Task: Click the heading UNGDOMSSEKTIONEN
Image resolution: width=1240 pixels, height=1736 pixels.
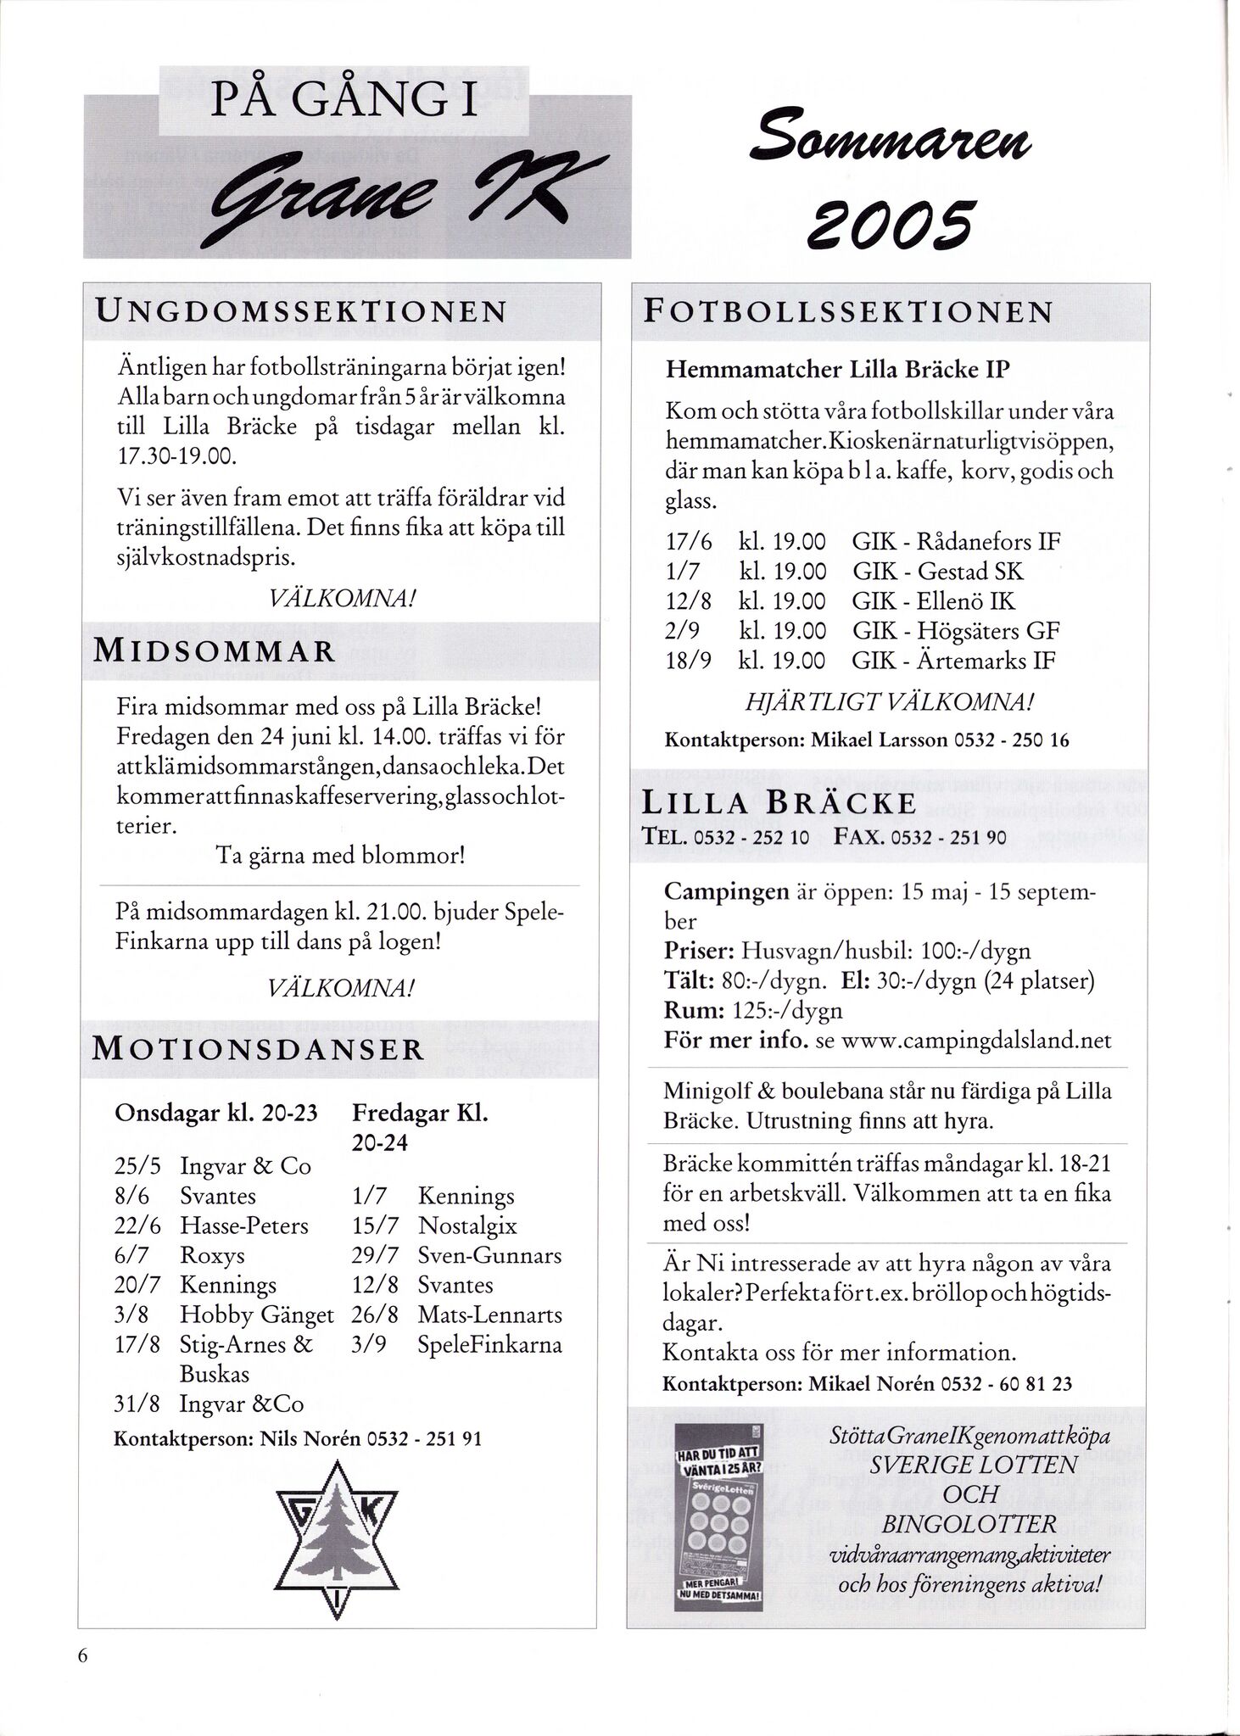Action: click(x=301, y=310)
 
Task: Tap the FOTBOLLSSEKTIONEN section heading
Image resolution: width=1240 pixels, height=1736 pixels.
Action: click(x=847, y=311)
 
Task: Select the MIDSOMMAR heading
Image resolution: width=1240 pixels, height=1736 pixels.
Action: click(x=214, y=651)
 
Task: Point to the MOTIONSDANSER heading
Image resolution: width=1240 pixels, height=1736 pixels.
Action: click(x=257, y=1049)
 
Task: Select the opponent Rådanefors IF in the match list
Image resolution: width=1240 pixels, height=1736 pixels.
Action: click(x=988, y=541)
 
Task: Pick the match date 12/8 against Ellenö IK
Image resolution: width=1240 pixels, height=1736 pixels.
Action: click(x=688, y=601)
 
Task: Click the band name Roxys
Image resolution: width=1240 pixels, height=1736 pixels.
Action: click(x=212, y=1255)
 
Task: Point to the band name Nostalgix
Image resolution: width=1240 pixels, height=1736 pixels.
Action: click(x=467, y=1225)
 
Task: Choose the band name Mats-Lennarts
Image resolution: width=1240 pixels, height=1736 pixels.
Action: click(x=490, y=1315)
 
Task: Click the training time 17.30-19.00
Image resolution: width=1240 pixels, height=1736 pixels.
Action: click(x=176, y=456)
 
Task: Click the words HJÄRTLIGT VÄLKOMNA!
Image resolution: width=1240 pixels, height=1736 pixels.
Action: click(x=890, y=701)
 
